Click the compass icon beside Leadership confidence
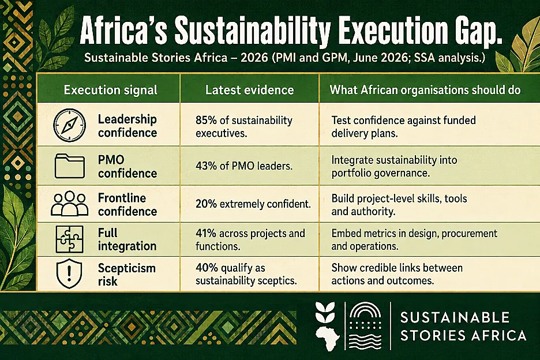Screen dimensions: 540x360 pos(69,125)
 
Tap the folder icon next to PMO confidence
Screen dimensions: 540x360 pos(70,166)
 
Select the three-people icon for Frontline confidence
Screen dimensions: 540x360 pos(70,204)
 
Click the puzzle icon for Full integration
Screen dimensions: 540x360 pos(70,239)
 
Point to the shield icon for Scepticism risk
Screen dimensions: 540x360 pos(69,273)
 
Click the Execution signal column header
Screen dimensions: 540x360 pos(111,90)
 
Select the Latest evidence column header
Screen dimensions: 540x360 pos(250,90)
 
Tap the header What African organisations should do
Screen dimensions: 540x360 pos(425,90)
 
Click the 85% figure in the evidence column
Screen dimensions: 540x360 pos(206,120)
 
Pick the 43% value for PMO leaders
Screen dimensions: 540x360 pos(206,166)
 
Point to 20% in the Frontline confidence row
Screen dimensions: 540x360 pos(206,204)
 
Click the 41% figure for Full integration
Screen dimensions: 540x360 pos(205,233)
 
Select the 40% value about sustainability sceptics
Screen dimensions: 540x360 pos(206,268)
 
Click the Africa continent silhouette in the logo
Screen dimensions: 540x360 pos(327,338)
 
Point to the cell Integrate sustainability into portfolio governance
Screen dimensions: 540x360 pos(394,166)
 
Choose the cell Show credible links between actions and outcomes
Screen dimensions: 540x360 pos(397,274)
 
